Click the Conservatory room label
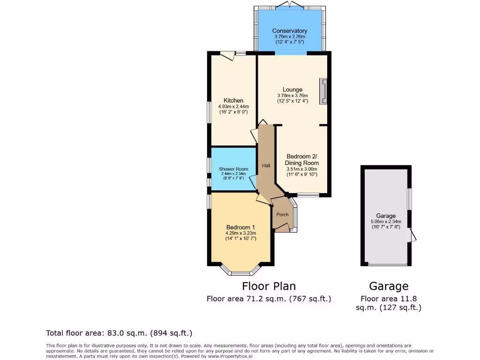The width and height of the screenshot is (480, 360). pyautogui.click(x=290, y=31)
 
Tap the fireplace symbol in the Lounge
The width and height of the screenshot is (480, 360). pyautogui.click(x=323, y=91)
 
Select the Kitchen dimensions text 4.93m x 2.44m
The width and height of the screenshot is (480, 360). pyautogui.click(x=233, y=106)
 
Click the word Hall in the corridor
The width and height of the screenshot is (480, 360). pyautogui.click(x=266, y=165)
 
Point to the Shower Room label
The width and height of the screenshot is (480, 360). pyautogui.click(x=233, y=169)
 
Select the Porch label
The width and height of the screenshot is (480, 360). pyautogui.click(x=282, y=215)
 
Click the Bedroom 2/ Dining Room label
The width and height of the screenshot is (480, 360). pyautogui.click(x=302, y=159)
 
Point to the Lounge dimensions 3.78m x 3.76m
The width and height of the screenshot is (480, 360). pyautogui.click(x=292, y=96)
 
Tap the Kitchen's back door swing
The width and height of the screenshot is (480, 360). pyautogui.click(x=228, y=56)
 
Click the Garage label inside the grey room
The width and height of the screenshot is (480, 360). pyautogui.click(x=386, y=216)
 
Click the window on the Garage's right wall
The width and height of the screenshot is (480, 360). pyautogui.click(x=410, y=199)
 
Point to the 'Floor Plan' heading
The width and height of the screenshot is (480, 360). pyautogui.click(x=269, y=286)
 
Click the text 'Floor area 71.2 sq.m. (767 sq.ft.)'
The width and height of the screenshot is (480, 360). pyautogui.click(x=269, y=299)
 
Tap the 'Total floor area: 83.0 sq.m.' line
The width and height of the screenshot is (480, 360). pyautogui.click(x=119, y=333)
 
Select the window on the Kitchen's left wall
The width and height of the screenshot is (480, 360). pyautogui.click(x=210, y=112)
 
